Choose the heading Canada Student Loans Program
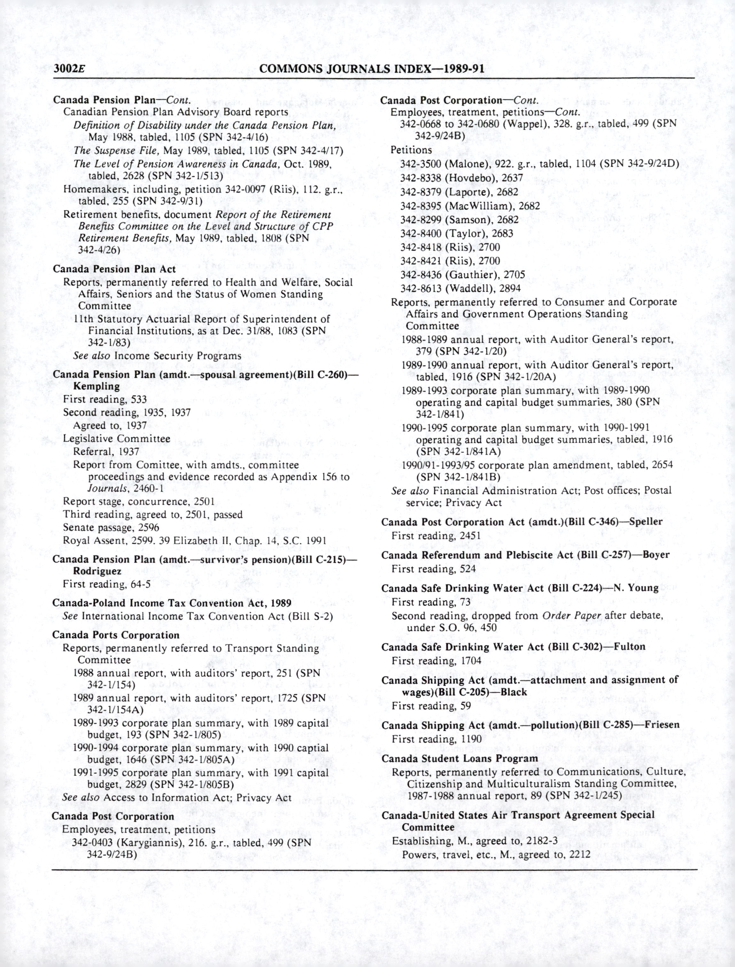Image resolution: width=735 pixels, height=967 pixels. (x=460, y=759)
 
